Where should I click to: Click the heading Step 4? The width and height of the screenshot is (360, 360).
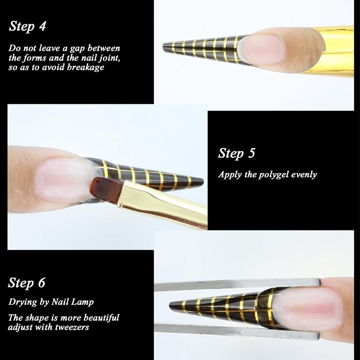27,26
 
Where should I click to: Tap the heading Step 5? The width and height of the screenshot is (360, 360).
237,153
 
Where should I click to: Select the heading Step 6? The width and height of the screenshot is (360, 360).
27,283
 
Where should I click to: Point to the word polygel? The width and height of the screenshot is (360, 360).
274,175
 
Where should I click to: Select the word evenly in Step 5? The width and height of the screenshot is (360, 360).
304,175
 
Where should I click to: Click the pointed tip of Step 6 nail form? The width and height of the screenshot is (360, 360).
170,306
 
